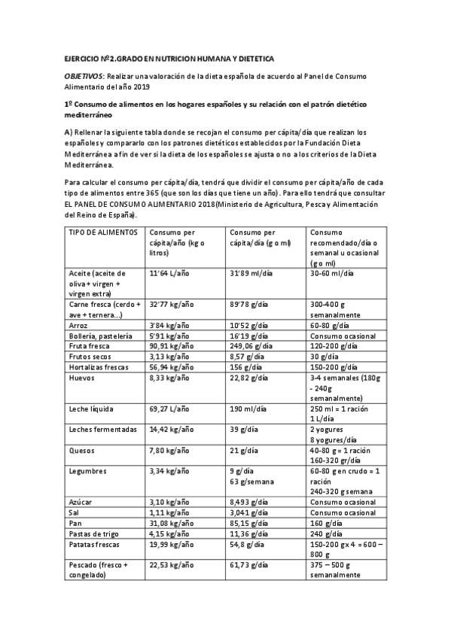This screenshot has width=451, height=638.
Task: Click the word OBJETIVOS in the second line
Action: (x=84, y=76)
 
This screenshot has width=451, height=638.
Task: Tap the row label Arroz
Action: (x=78, y=325)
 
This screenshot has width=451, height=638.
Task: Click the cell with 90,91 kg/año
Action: (x=171, y=346)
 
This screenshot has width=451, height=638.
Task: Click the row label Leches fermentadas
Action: (x=102, y=430)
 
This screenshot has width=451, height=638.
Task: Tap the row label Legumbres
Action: (x=87, y=471)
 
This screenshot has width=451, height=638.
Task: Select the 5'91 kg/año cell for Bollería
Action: (x=169, y=336)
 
